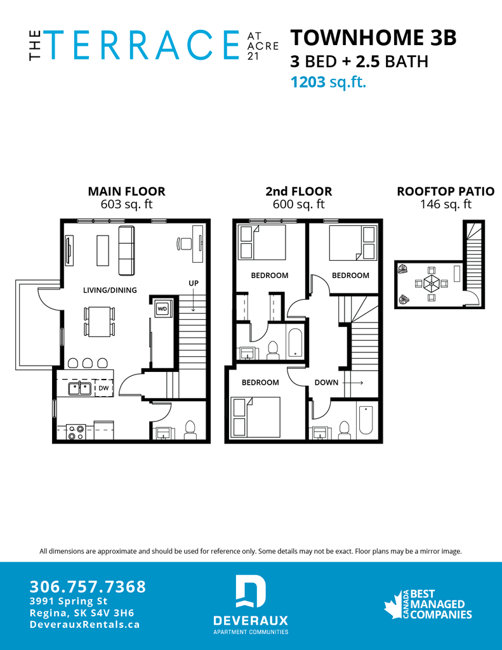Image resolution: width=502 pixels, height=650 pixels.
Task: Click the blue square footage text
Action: click(329, 82)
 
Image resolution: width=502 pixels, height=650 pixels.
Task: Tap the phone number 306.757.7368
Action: click(88, 587)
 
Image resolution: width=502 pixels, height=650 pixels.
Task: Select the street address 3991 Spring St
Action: click(69, 601)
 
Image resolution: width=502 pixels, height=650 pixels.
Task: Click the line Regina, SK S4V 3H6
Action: click(81, 613)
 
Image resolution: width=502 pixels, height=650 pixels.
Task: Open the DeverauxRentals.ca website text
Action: click(84, 625)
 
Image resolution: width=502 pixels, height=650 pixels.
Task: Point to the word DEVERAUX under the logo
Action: click(251, 620)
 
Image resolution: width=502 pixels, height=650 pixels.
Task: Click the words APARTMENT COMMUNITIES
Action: click(251, 632)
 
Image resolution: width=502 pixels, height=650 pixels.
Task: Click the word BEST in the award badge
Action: click(423, 594)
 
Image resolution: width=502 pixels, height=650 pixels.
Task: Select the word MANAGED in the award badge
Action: click(437, 604)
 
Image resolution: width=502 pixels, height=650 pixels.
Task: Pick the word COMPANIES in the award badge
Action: click(441, 614)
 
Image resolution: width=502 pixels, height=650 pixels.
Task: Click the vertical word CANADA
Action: click(406, 604)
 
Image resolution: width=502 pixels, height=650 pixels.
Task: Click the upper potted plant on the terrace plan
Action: click(402, 270)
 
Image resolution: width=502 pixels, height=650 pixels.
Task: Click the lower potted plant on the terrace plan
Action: click(404, 299)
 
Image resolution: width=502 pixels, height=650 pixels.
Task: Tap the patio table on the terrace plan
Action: click(431, 283)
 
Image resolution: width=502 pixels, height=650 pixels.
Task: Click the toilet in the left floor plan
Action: click(188, 430)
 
